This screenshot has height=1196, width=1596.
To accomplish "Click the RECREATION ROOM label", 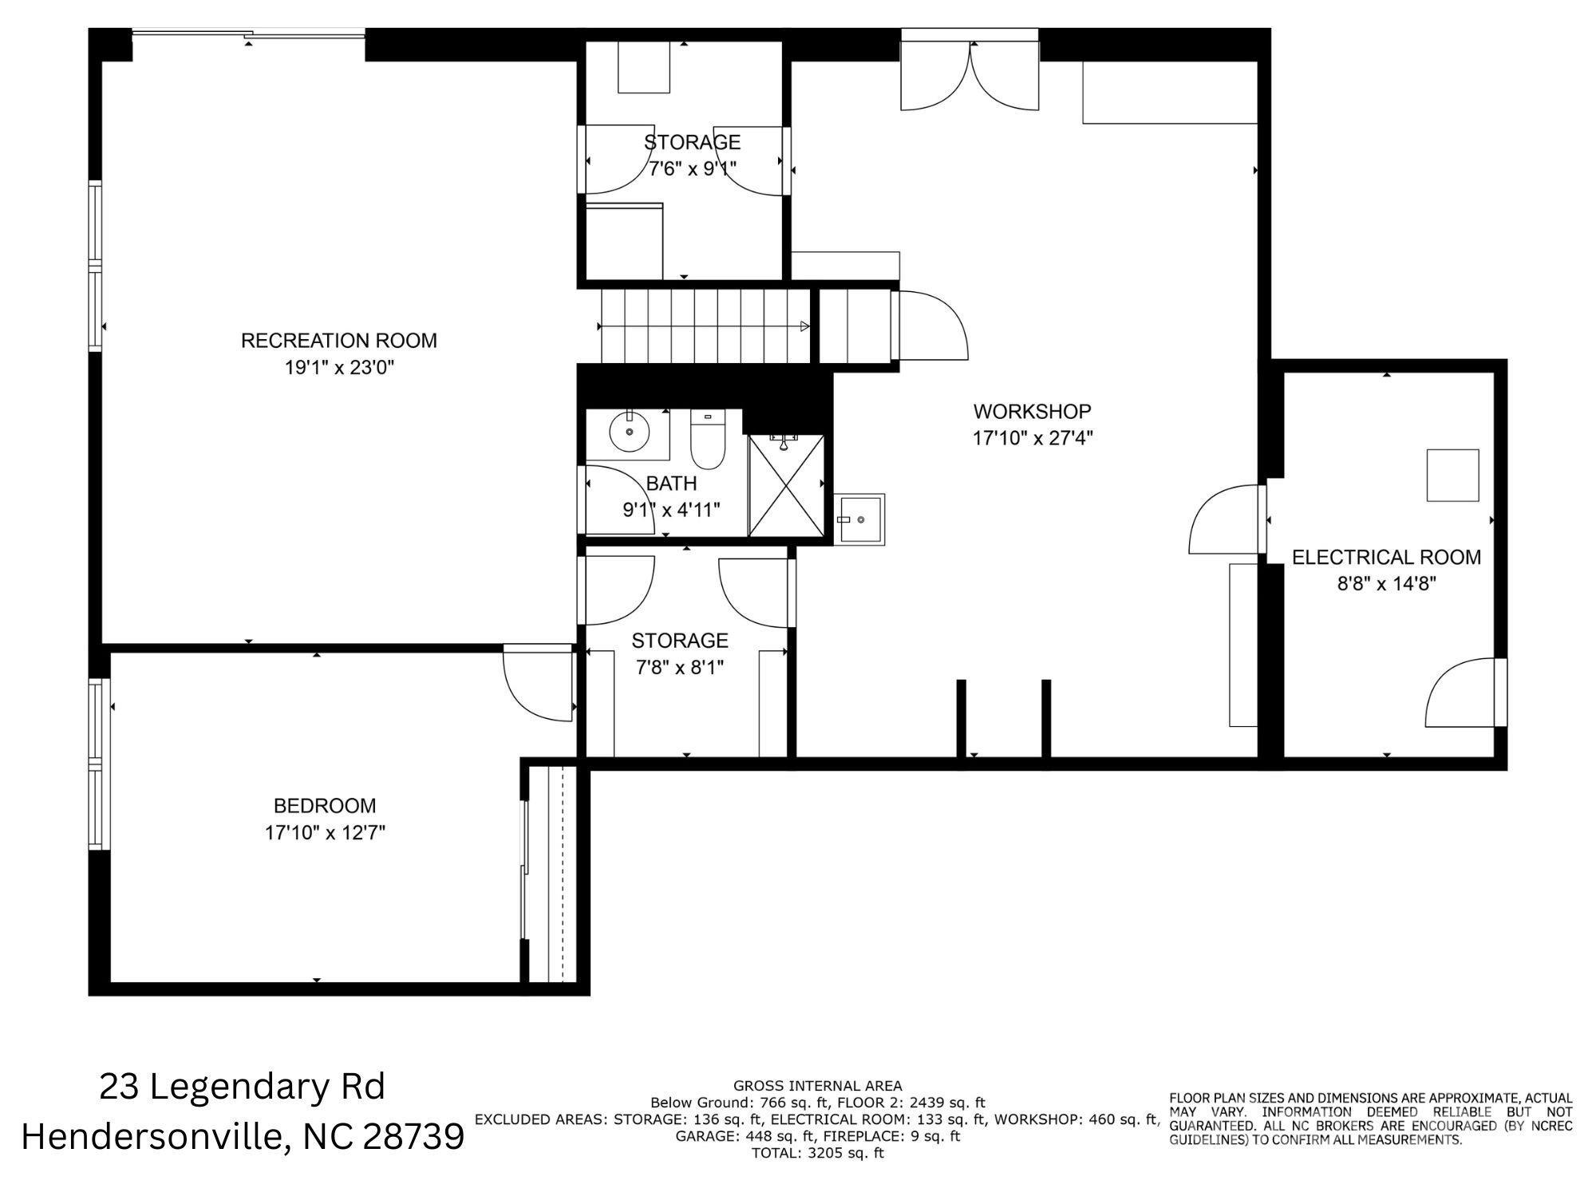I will pos(338,341).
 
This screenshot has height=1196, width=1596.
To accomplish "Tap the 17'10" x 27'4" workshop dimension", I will pos(1032,438).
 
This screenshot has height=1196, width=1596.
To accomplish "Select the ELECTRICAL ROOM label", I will pos(1386,557).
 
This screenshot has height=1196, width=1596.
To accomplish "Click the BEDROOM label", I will pos(324,806).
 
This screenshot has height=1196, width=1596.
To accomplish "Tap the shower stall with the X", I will pos(787,486).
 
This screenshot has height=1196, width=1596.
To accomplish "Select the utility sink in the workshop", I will pos(859,519).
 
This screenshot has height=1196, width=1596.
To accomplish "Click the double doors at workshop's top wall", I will pos(970,76).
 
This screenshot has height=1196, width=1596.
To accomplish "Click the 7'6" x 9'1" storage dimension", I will pos(692,168).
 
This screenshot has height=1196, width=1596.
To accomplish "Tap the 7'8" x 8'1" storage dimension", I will pos(679,668).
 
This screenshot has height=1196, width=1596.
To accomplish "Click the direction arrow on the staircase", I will pos(804,326).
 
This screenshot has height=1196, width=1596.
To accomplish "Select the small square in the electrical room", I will pos(1452,476).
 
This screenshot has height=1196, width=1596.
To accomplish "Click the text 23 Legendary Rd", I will pos(242,1087).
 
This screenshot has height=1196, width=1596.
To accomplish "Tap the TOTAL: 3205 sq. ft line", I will pos(817,1153).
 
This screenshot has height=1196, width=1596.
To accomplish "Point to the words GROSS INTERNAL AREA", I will pos(817,1086).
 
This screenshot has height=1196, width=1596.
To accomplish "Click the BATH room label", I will pos(671,484).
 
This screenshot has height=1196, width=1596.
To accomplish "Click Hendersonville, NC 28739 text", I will pos(242,1136).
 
